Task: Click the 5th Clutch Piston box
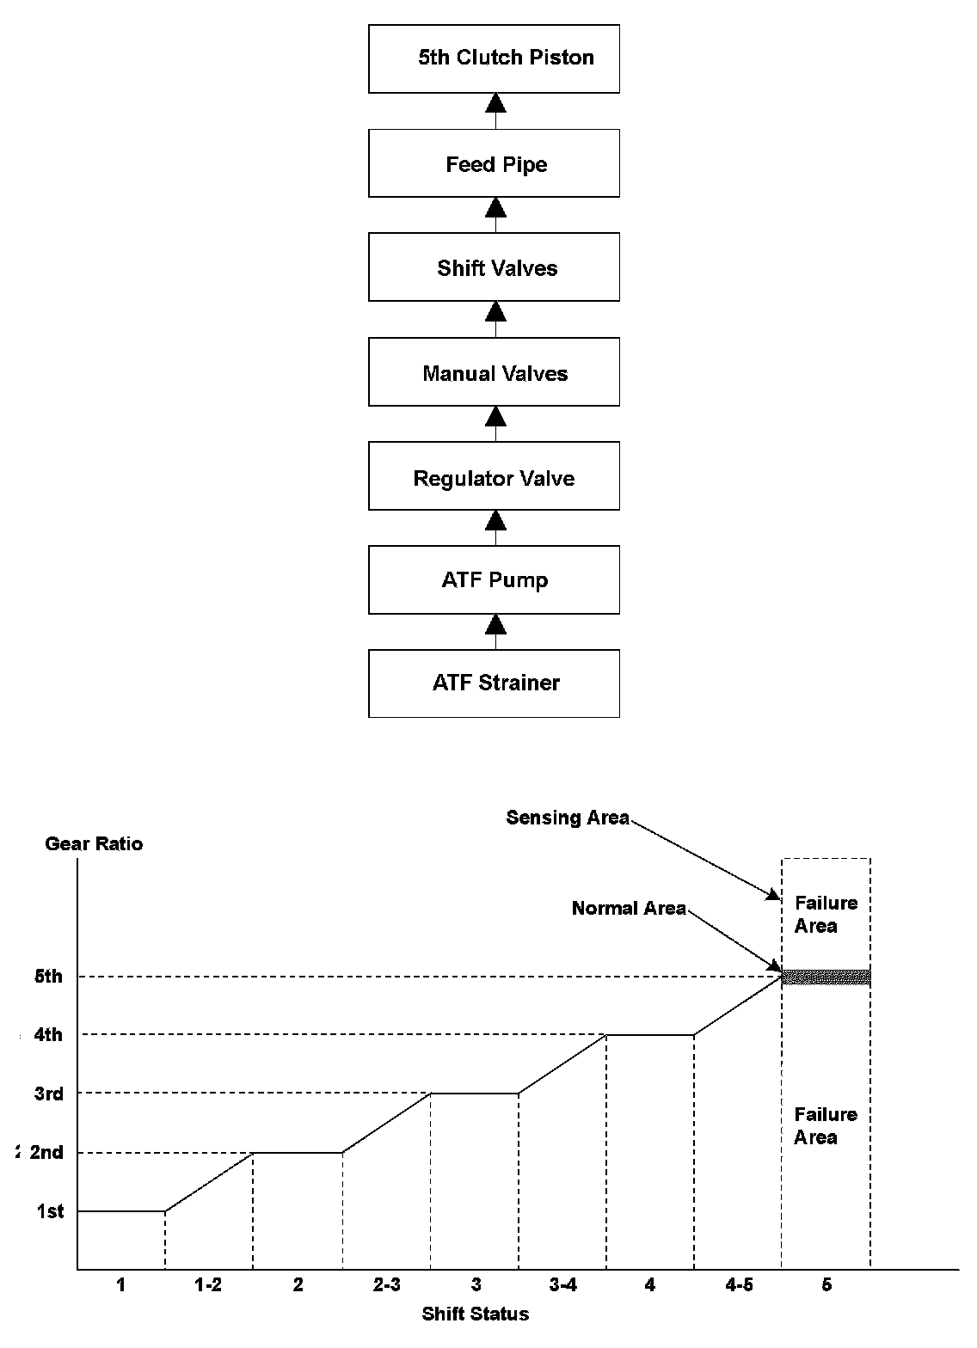click(x=494, y=58)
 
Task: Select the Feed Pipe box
click(x=494, y=163)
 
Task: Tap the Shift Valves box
click(x=494, y=267)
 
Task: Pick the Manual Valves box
click(x=494, y=372)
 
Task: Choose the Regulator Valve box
click(x=494, y=477)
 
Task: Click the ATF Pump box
click(x=494, y=579)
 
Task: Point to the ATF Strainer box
click(x=494, y=683)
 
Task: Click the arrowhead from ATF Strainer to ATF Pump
click(x=495, y=623)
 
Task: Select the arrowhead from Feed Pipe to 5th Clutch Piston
click(x=495, y=103)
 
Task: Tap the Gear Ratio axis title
click(x=94, y=844)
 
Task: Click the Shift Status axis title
click(x=475, y=1314)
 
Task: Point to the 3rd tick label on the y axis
click(x=48, y=1094)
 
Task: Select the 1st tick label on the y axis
click(x=50, y=1211)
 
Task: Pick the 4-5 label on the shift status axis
click(x=739, y=1285)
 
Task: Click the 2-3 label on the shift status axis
click(x=386, y=1285)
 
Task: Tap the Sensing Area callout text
click(x=568, y=818)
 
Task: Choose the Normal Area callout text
click(x=629, y=909)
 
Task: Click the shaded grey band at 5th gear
click(x=826, y=977)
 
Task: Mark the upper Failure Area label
click(x=826, y=915)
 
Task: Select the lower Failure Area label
click(x=826, y=1126)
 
